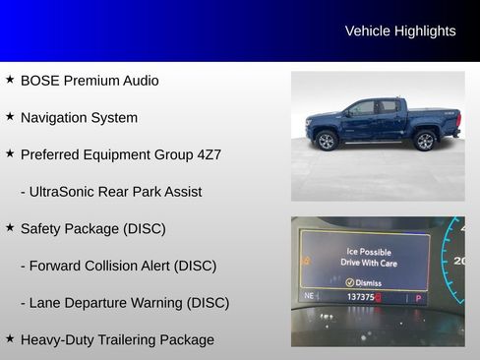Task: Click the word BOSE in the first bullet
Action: tap(40, 81)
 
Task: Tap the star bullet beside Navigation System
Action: tap(10, 116)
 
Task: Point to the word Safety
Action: tap(45, 228)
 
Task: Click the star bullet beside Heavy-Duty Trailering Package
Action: tap(10, 338)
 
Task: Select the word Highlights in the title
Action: tap(425, 31)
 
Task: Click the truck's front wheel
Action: tap(327, 141)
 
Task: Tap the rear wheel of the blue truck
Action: tap(425, 141)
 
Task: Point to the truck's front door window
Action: tap(362, 107)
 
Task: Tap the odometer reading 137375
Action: tap(362, 296)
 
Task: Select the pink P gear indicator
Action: tap(418, 297)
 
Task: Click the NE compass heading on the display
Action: tap(310, 296)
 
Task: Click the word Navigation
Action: tap(56, 117)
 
